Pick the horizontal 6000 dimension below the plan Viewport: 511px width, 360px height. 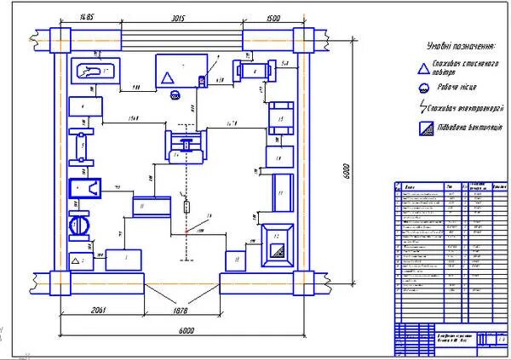point(187,331)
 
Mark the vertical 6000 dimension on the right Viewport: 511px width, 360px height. point(347,169)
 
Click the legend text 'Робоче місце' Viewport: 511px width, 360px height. point(463,88)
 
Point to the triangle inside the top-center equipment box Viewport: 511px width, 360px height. point(168,76)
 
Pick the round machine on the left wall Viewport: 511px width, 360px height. point(78,226)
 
